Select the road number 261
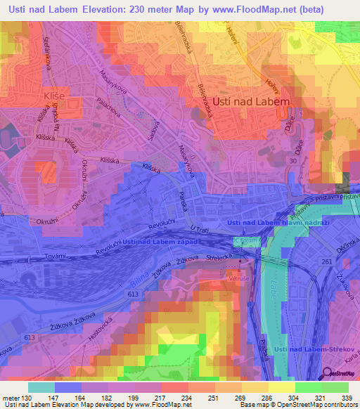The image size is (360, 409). coord(326,261)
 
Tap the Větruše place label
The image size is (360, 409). coord(241,278)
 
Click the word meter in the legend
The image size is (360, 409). coord(11,398)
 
